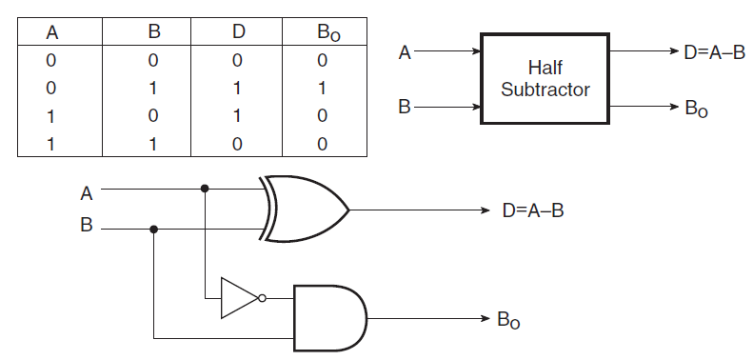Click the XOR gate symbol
pyautogui.click(x=304, y=210)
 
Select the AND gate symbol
pyautogui.click(x=330, y=318)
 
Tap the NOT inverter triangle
pyautogui.click(x=240, y=298)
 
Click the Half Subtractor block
pyautogui.click(x=545, y=78)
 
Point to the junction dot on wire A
pyautogui.click(x=205, y=189)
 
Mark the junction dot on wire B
pyautogui.click(x=153, y=230)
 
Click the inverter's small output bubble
pyautogui.click(x=262, y=298)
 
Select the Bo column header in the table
pyautogui.click(x=328, y=32)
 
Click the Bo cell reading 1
pyautogui.click(x=322, y=88)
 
